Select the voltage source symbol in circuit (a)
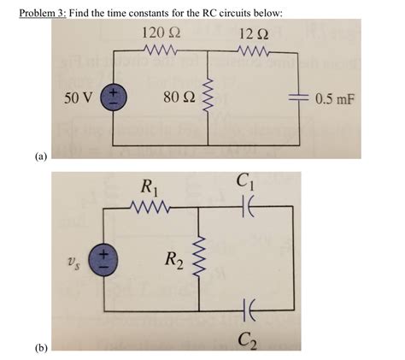pyautogui.click(x=114, y=97)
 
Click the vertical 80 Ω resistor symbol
pyautogui.click(x=209, y=97)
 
